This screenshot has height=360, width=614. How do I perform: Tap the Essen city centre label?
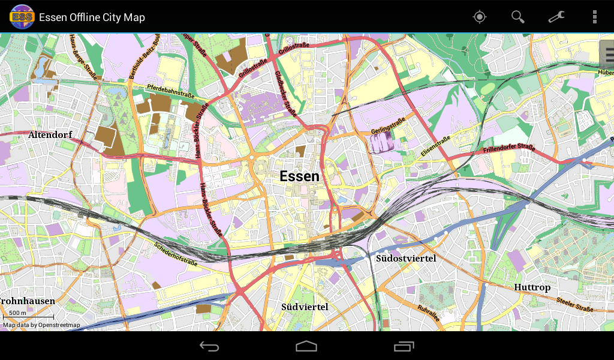click(x=299, y=176)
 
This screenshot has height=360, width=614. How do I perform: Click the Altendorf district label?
click(x=50, y=135)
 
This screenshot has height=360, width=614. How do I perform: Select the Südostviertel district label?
click(x=406, y=259)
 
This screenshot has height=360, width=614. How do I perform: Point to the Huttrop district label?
click(x=532, y=287)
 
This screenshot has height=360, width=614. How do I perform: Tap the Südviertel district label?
click(x=305, y=307)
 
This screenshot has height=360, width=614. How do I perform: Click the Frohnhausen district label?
click(x=28, y=301)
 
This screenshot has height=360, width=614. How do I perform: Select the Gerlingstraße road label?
click(x=388, y=125)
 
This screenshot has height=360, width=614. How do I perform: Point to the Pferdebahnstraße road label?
click(x=171, y=92)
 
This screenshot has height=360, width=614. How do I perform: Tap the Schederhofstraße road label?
click(x=176, y=254)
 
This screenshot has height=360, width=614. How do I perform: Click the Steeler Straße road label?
click(x=574, y=304)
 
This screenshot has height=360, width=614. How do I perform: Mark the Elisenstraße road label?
click(x=435, y=147)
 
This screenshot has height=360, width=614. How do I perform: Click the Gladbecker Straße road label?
click(x=286, y=93)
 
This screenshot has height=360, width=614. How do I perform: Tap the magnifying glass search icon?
click(x=517, y=17)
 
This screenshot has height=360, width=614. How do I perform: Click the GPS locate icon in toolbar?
click(x=480, y=17)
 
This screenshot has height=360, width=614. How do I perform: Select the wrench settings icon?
click(x=556, y=17)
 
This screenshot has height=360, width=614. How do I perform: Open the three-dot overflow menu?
click(x=594, y=17)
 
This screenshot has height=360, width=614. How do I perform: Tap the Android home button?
click(x=306, y=346)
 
